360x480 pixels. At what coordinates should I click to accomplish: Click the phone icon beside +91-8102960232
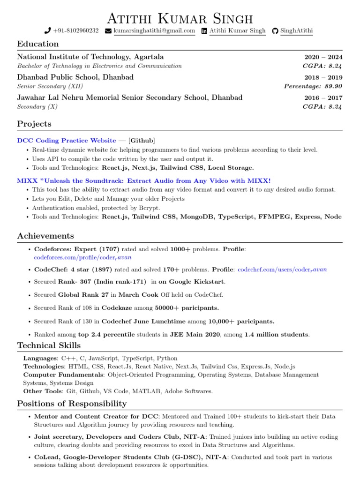pos(47,31)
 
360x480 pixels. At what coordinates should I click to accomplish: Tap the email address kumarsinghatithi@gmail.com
pos(154,31)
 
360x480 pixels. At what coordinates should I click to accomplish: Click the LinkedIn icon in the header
pos(204,31)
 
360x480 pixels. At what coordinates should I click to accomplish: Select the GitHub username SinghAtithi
pos(296,31)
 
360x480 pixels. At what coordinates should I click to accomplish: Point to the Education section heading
pos(38,44)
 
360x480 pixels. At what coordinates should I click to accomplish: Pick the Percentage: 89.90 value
pos(313,86)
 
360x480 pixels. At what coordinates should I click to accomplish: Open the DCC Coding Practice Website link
pos(67,141)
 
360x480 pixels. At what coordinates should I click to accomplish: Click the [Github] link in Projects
pos(142,141)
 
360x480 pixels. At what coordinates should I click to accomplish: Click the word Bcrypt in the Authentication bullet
pos(149,208)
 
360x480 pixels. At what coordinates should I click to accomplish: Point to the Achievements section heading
pos(45,236)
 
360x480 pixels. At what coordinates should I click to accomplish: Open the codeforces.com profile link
pos(83,257)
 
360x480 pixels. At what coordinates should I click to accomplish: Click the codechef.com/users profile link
pos(282,270)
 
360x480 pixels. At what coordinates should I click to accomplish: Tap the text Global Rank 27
pos(83,295)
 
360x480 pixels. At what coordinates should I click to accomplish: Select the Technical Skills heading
pos(49,346)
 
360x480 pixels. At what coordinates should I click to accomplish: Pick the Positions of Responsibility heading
pos(72,404)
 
